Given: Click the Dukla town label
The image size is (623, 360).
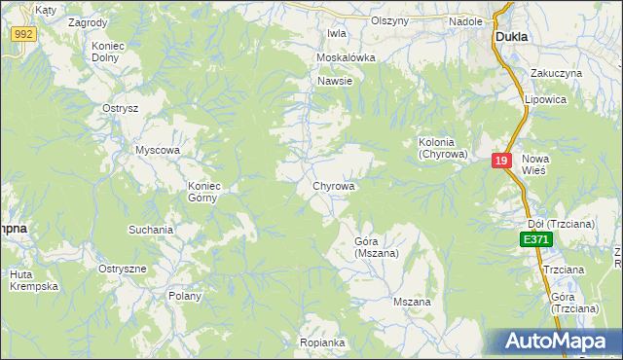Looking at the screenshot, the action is coord(511,36).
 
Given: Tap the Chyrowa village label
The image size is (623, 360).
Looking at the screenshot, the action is coord(333,185).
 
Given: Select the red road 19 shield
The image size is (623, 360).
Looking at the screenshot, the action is coord(501,162).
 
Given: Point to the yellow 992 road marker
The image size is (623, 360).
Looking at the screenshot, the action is coord(24,33).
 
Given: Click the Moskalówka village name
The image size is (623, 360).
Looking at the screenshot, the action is coord(346,57).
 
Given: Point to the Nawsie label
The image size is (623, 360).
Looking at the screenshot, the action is coord(334,81).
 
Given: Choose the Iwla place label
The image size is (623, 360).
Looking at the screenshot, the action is coord(337,33).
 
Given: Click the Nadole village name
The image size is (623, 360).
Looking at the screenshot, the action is coord(465,20).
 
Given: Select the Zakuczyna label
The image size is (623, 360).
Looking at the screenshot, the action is coord(556,73).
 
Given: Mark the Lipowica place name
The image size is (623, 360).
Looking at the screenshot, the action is coord(546,99).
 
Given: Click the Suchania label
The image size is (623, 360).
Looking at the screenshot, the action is coord(151,231).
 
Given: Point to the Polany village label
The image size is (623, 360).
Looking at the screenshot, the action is coord(185,296).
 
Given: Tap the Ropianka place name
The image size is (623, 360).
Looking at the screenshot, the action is coord(322,342).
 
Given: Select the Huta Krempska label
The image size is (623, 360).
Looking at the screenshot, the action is coord(35,280).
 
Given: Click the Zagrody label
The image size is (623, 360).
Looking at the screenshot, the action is coord(89,20).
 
